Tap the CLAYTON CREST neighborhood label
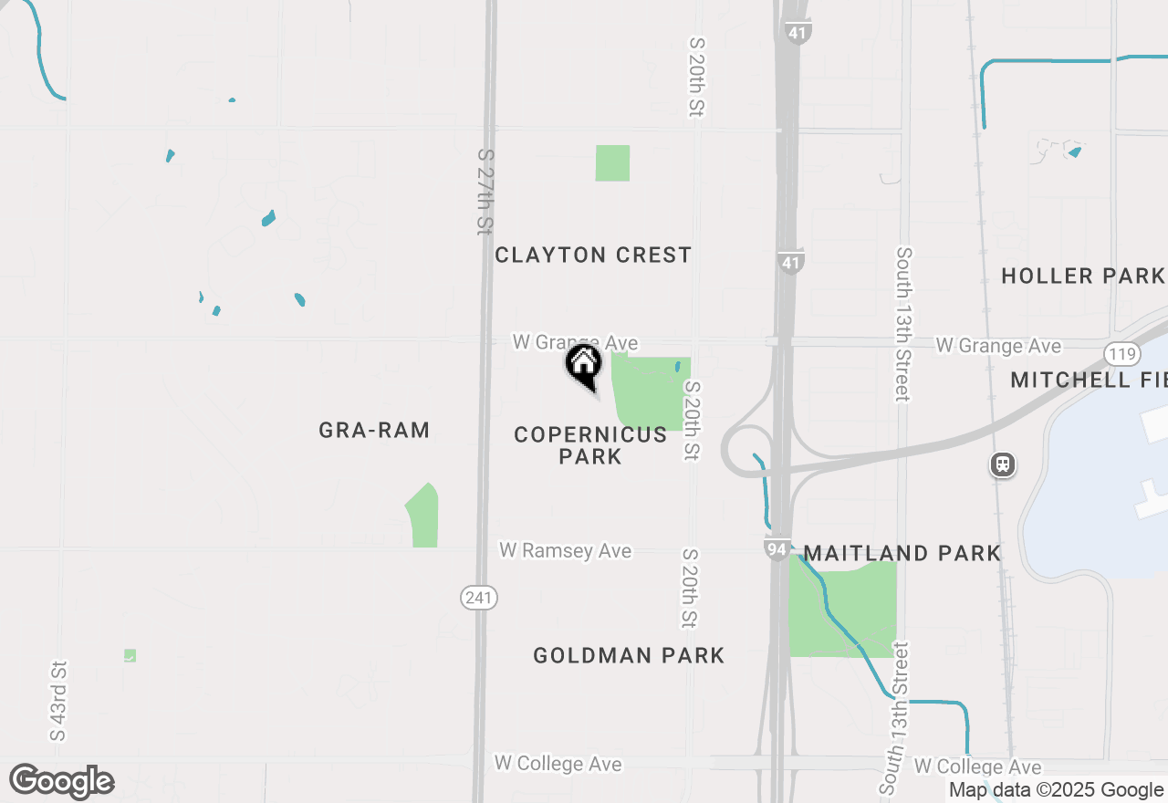pyautogui.click(x=593, y=255)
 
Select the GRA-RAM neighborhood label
pyautogui.click(x=374, y=430)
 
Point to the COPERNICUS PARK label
pyautogui.click(x=590, y=445)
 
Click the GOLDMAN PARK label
pyautogui.click(x=629, y=655)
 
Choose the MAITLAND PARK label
pyautogui.click(x=902, y=553)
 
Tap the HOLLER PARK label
pyautogui.click(x=1083, y=276)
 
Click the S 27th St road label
pyautogui.click(x=485, y=192)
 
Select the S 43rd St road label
pyautogui.click(x=59, y=701)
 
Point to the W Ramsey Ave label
pyautogui.click(x=565, y=551)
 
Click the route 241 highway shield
pyautogui.click(x=478, y=599)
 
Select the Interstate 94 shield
pyautogui.click(x=777, y=548)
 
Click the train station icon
pyautogui.click(x=1002, y=465)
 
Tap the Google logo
pyautogui.click(x=62, y=782)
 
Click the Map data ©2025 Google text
pyautogui.click(x=1056, y=790)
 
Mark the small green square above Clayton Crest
pyautogui.click(x=612, y=162)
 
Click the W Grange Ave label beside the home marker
pyautogui.click(x=575, y=342)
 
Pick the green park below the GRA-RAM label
pyautogui.click(x=423, y=517)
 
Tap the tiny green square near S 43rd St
pyautogui.click(x=130, y=655)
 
